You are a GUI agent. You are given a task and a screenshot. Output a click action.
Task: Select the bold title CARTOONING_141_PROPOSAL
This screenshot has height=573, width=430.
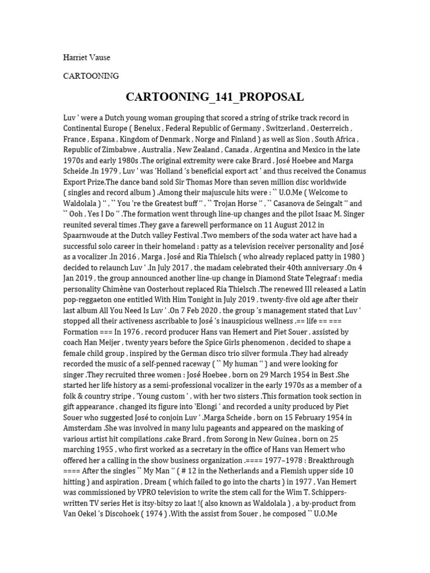point(215,97)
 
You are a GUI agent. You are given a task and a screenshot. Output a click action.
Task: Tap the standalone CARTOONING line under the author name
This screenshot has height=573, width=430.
point(91,76)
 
